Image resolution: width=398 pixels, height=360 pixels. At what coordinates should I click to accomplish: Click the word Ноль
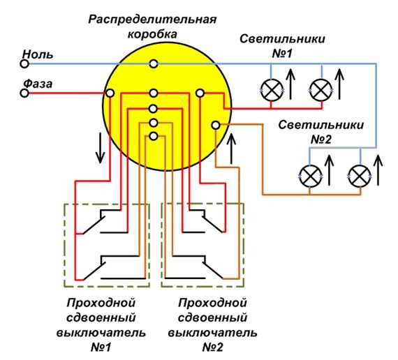[38, 54]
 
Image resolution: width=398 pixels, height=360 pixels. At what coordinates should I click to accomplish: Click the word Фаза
[38, 84]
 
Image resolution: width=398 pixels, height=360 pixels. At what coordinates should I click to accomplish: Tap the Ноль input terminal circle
[24, 63]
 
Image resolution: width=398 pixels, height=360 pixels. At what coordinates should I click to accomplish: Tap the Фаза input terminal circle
[24, 93]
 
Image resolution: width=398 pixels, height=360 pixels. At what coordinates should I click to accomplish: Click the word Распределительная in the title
[152, 20]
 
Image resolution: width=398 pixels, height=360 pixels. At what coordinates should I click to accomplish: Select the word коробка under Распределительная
[152, 34]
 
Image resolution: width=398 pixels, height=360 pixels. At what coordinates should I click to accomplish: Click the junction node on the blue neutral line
[154, 63]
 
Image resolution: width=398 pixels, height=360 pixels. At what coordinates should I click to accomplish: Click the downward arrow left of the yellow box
[101, 148]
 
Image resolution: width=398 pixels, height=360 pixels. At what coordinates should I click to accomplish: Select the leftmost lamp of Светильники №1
[272, 90]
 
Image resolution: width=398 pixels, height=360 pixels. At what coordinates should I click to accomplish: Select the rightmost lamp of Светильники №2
[360, 177]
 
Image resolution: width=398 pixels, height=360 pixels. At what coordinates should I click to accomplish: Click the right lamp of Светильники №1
[320, 90]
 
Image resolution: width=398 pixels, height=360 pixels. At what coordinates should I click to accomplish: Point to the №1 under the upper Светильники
[282, 54]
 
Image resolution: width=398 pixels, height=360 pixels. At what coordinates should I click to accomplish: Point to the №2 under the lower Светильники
[321, 140]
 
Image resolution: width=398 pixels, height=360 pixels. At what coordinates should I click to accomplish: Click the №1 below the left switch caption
[101, 347]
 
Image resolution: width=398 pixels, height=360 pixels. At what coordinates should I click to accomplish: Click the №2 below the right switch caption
[213, 347]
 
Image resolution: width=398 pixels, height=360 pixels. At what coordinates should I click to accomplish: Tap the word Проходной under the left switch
[101, 303]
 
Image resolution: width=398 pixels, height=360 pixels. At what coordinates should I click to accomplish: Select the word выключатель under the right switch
[213, 333]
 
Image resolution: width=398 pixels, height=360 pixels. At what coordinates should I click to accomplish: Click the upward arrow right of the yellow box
[231, 149]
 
